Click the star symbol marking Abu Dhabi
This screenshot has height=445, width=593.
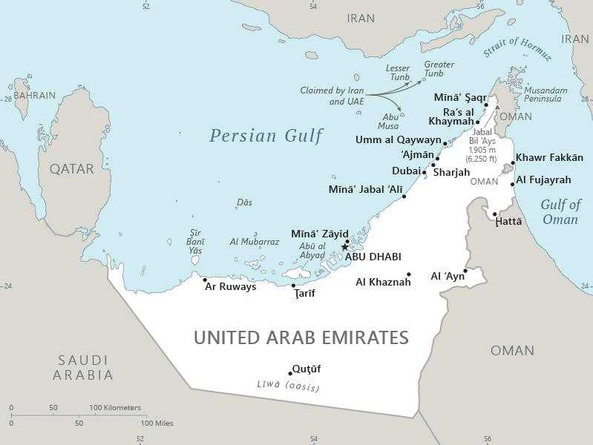point(344,247)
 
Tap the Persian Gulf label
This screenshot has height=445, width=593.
point(266,136)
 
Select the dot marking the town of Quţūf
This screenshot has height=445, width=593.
point(290,374)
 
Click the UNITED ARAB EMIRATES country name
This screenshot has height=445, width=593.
point(301,338)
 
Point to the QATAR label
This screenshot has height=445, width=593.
point(71,168)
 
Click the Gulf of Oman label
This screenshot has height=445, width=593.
point(560,211)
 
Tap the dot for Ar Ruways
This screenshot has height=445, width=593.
point(205,280)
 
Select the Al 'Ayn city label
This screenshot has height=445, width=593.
point(448,277)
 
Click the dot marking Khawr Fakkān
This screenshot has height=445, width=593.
point(513,163)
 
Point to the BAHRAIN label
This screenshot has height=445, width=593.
point(34,96)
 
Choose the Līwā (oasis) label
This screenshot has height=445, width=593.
point(287,386)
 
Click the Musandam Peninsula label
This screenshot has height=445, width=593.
point(546,95)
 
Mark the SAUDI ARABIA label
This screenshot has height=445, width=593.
point(82,367)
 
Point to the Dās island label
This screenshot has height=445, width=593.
point(244,202)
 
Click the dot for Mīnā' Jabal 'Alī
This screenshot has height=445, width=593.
point(404,197)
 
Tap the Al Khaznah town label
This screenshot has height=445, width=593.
point(383,282)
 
